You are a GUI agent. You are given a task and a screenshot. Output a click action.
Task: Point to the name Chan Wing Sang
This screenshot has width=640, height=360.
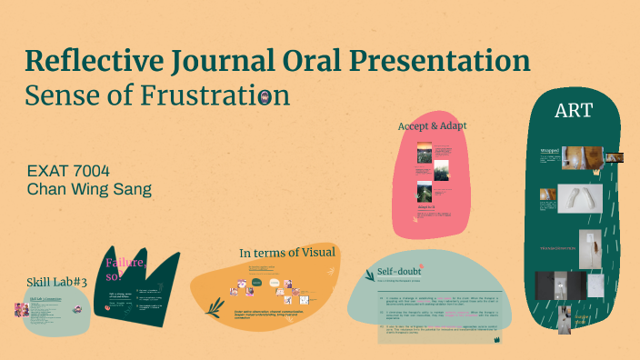(x=89, y=189)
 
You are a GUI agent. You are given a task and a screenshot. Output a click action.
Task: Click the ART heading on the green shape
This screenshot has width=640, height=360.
(x=575, y=111)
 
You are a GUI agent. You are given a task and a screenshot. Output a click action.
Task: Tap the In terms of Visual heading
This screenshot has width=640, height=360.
(x=287, y=251)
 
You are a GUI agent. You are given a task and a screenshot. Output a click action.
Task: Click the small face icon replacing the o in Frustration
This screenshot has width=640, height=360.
(x=264, y=95)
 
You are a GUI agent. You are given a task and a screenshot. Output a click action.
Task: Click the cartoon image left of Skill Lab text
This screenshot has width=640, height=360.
(x=20, y=310)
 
